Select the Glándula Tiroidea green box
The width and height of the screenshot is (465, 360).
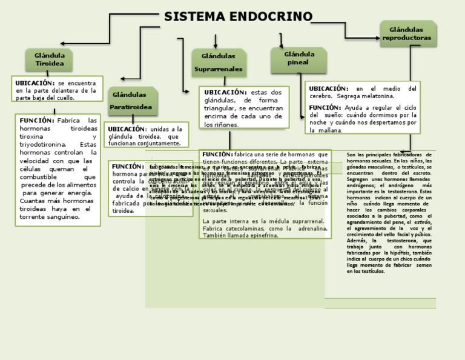[50, 59]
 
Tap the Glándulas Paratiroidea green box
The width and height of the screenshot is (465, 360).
[132, 101]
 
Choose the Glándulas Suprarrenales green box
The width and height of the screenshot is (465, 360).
[218, 62]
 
